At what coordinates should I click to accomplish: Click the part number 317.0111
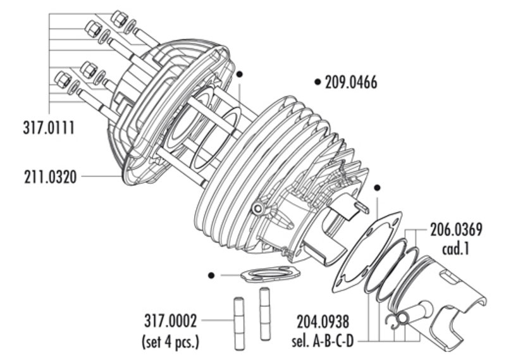coord(49,128)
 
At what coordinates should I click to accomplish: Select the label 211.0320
coord(51,177)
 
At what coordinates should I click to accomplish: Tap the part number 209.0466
coord(351,82)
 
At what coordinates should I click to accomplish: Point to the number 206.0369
coord(456,230)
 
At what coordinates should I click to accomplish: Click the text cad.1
coord(455,249)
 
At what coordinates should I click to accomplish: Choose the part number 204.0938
coord(323,321)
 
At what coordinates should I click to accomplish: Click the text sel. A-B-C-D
coord(323,340)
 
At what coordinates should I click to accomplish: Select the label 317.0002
coord(170,321)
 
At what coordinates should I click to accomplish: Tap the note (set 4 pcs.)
coord(170,341)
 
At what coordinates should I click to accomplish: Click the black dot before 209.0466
coord(318,82)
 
